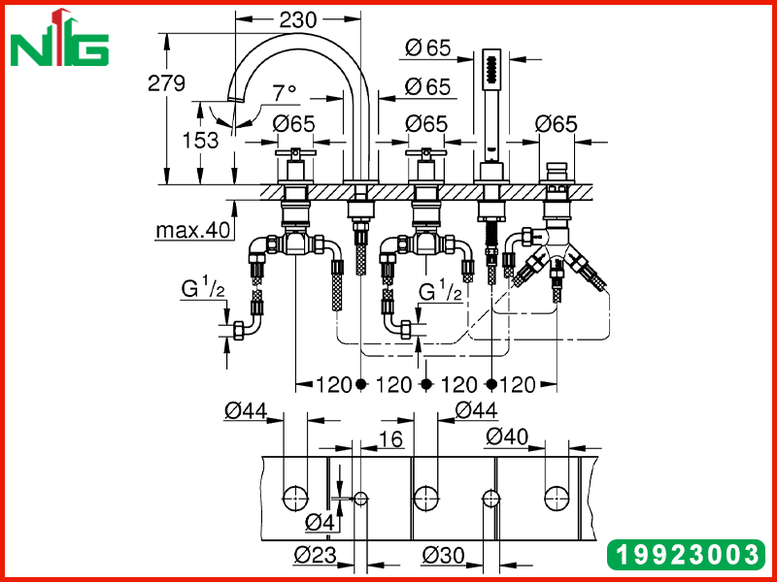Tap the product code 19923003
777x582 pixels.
[686, 554]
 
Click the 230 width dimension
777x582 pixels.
[298, 19]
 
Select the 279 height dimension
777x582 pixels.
[166, 83]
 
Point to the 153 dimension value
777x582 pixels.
[200, 141]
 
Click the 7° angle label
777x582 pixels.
[285, 91]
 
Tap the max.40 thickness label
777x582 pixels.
[193, 230]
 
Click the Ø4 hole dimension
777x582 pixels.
[320, 523]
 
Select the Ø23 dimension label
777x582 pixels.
[315, 555]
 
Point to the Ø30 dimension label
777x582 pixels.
[444, 555]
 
